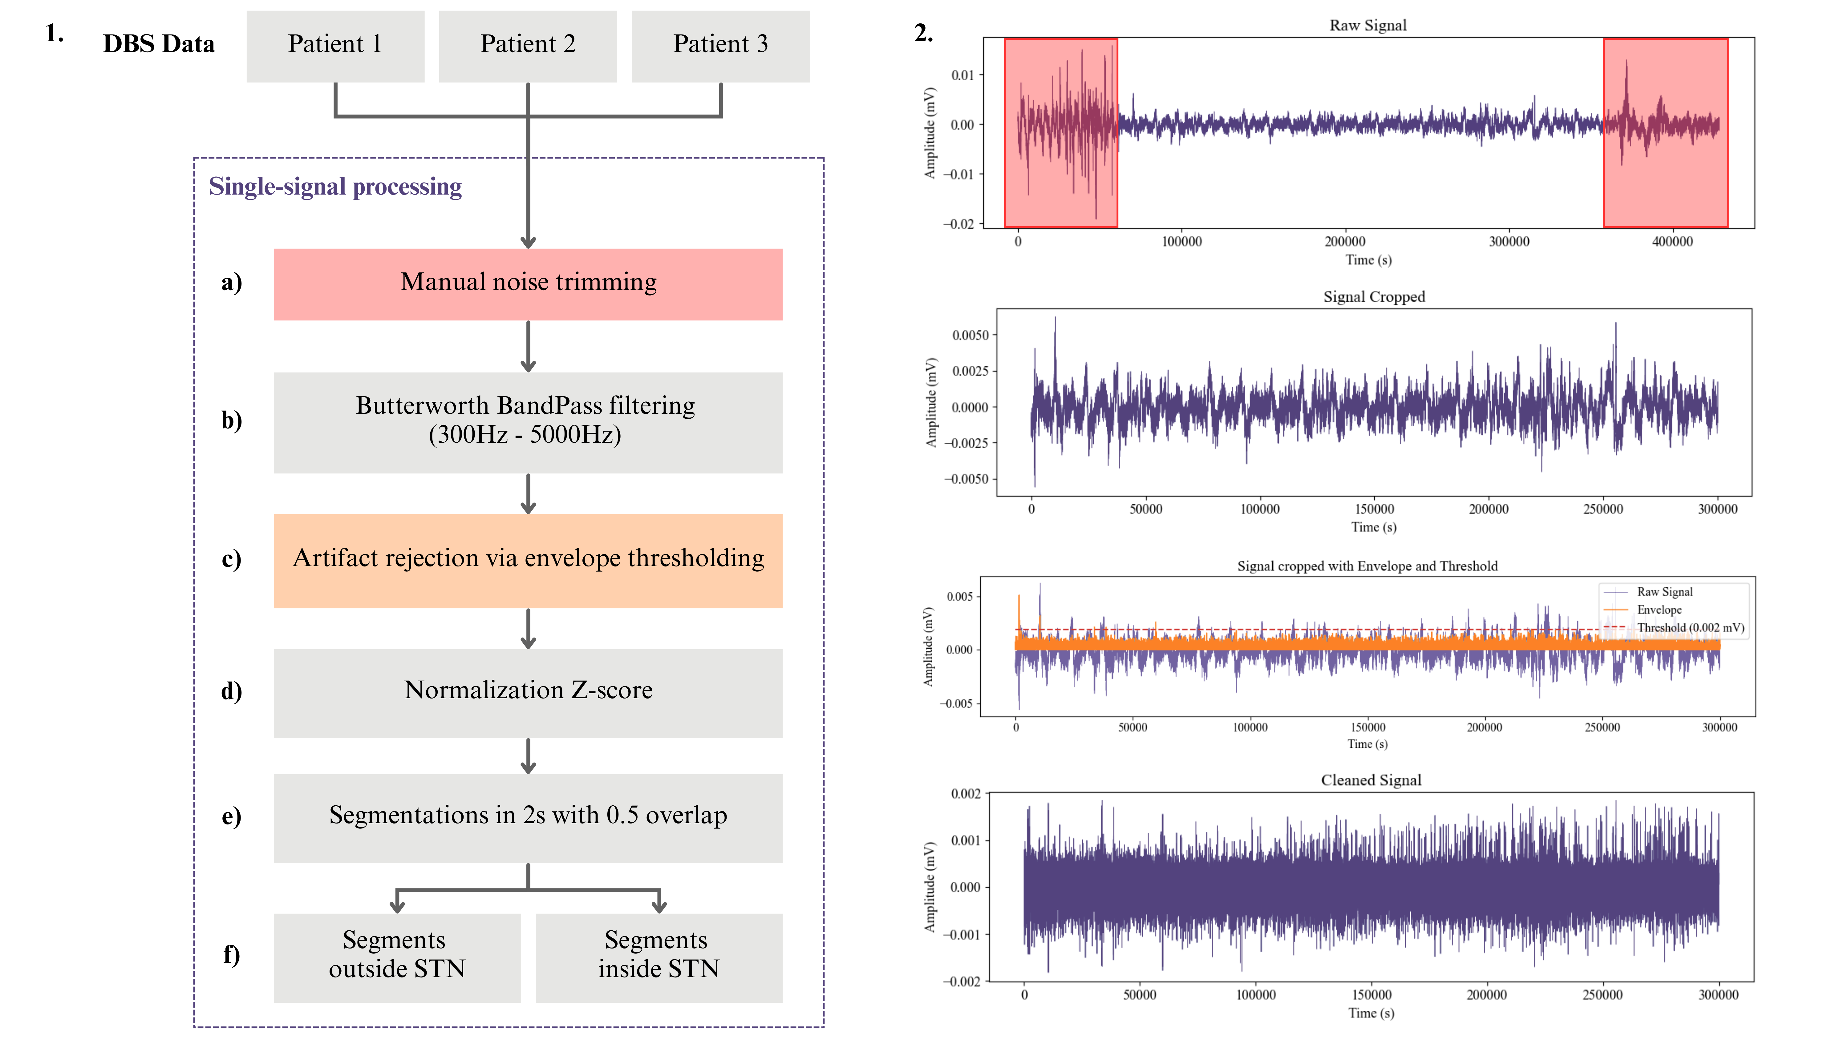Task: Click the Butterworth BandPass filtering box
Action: (x=528, y=422)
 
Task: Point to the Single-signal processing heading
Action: (x=335, y=187)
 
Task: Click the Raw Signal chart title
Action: (x=1367, y=25)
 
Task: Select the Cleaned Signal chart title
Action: (x=1370, y=780)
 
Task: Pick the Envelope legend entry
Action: (x=1659, y=610)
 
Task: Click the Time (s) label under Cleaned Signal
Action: (x=1370, y=1013)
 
